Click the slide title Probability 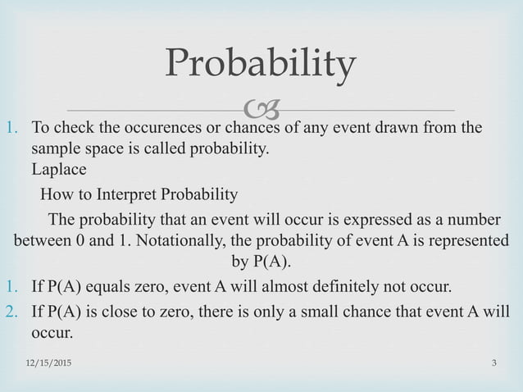pyautogui.click(x=261, y=65)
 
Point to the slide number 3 pyautogui.click(x=495, y=362)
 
